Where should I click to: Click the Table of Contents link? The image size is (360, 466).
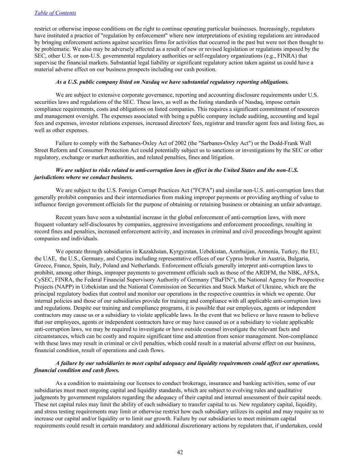[x=55, y=13]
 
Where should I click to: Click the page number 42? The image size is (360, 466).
[x=180, y=452]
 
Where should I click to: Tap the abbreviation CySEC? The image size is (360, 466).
[x=43, y=280]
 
